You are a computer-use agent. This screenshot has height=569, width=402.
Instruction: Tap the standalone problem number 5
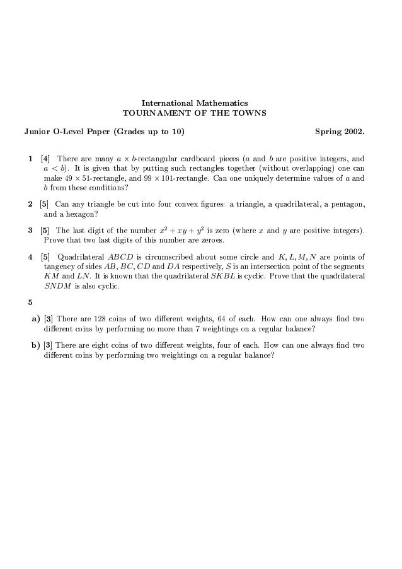pos(30,301)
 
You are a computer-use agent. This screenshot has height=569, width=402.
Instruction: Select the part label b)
pos(36,346)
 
